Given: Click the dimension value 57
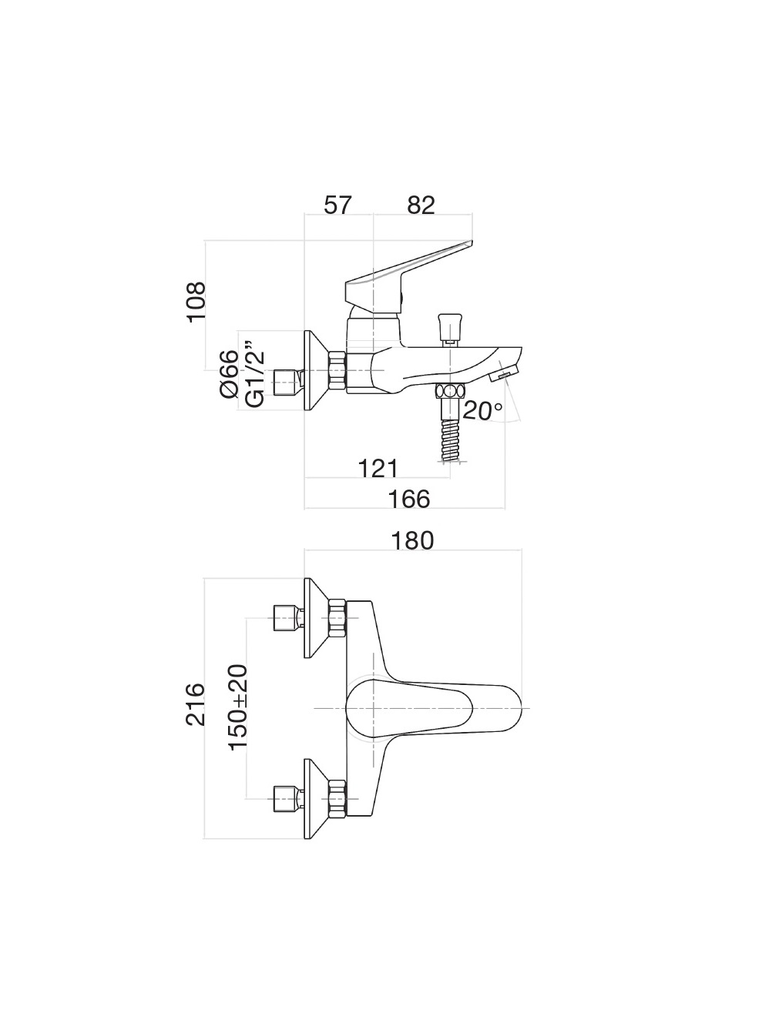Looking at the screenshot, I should click(337, 205).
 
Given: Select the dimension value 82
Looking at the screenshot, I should click(421, 205).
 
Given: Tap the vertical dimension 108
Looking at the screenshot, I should click(197, 301).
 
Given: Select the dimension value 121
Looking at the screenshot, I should click(378, 467).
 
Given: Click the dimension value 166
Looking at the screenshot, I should click(409, 499).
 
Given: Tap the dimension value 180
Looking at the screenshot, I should click(413, 540).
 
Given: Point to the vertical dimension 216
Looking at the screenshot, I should click(196, 703).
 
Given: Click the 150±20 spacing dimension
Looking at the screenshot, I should click(238, 707).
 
